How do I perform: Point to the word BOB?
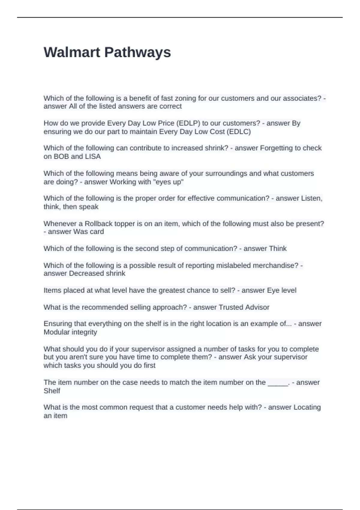point(61,157)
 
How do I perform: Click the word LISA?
point(93,157)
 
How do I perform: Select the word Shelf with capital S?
point(52,391)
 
